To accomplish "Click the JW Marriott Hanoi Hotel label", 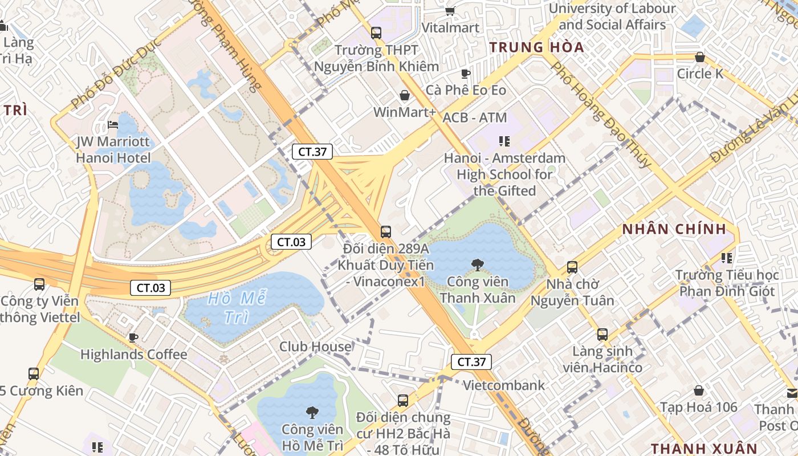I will point(113,149).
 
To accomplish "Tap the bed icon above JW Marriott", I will point(113,125).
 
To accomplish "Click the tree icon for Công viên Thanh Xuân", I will point(478,264).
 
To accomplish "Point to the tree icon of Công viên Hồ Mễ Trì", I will point(312,412).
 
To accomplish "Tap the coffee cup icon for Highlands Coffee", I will point(133,337).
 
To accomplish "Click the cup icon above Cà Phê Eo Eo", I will point(465,74).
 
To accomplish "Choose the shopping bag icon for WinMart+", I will point(405,95).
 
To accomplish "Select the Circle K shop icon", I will point(699,57).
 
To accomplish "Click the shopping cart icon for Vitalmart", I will point(450,11).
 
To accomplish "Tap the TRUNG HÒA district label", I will point(537,47).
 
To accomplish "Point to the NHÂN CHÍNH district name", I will point(674,230).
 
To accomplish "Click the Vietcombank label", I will point(503,385).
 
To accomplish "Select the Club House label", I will point(315,347).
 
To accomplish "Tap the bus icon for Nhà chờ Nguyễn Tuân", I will point(572,267).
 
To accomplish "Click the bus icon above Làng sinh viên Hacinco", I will point(602,335).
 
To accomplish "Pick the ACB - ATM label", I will point(474,117).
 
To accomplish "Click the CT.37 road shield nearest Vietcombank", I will point(471,361).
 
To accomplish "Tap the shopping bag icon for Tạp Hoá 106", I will point(699,390).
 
